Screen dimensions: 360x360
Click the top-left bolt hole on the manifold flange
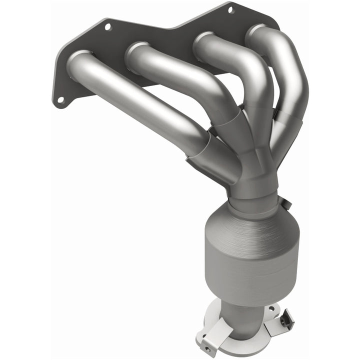click(x=107, y=26)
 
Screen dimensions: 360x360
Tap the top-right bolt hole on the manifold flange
click(x=230, y=9)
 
